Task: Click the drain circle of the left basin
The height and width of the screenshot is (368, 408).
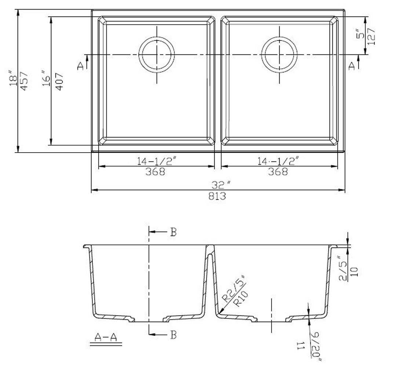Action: [157, 54]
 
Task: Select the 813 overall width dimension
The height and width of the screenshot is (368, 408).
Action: [218, 196]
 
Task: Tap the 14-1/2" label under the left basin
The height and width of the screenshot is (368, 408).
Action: [157, 161]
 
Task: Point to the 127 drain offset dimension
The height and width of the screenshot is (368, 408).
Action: [372, 36]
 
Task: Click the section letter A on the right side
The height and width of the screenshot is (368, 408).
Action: [351, 66]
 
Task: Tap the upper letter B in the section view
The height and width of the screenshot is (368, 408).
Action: [173, 232]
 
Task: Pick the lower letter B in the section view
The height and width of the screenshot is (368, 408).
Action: [174, 335]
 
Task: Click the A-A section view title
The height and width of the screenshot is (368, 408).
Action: [105, 337]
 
